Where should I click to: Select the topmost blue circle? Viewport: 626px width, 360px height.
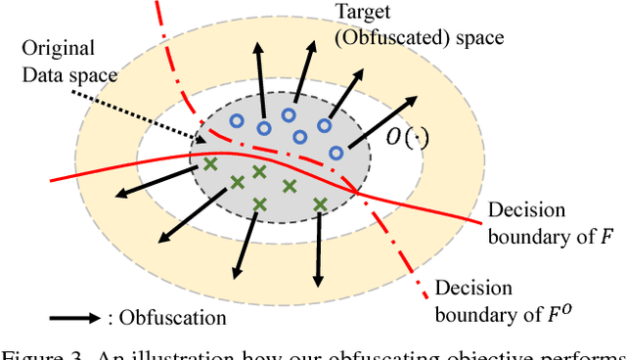coord(289,115)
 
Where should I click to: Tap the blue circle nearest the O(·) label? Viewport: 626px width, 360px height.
coord(336,152)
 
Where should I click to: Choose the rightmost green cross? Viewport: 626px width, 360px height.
coord(319,203)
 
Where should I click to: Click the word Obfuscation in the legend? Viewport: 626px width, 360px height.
coord(172,318)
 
